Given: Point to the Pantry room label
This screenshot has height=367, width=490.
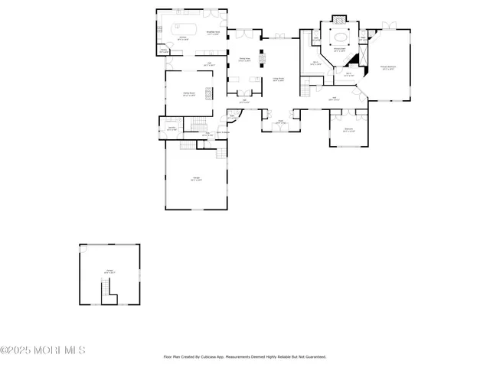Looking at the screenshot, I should (x=164, y=51).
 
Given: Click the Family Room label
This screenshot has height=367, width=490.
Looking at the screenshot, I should (x=188, y=94).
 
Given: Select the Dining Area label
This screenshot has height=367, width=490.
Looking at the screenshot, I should (x=245, y=60).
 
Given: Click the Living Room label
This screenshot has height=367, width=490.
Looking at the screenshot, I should (x=279, y=79).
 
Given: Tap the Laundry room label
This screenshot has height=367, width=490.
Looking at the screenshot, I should (x=172, y=128).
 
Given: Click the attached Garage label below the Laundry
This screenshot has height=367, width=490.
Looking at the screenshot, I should (x=196, y=180).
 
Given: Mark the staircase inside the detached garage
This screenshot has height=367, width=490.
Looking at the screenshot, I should (x=107, y=290).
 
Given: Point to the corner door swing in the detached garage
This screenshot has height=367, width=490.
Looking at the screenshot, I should (x=85, y=249).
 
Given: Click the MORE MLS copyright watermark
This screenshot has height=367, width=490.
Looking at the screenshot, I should (x=43, y=350).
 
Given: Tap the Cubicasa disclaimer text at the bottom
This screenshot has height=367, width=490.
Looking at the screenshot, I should (x=245, y=356).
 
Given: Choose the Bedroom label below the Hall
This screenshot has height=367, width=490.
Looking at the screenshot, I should (x=348, y=129).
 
